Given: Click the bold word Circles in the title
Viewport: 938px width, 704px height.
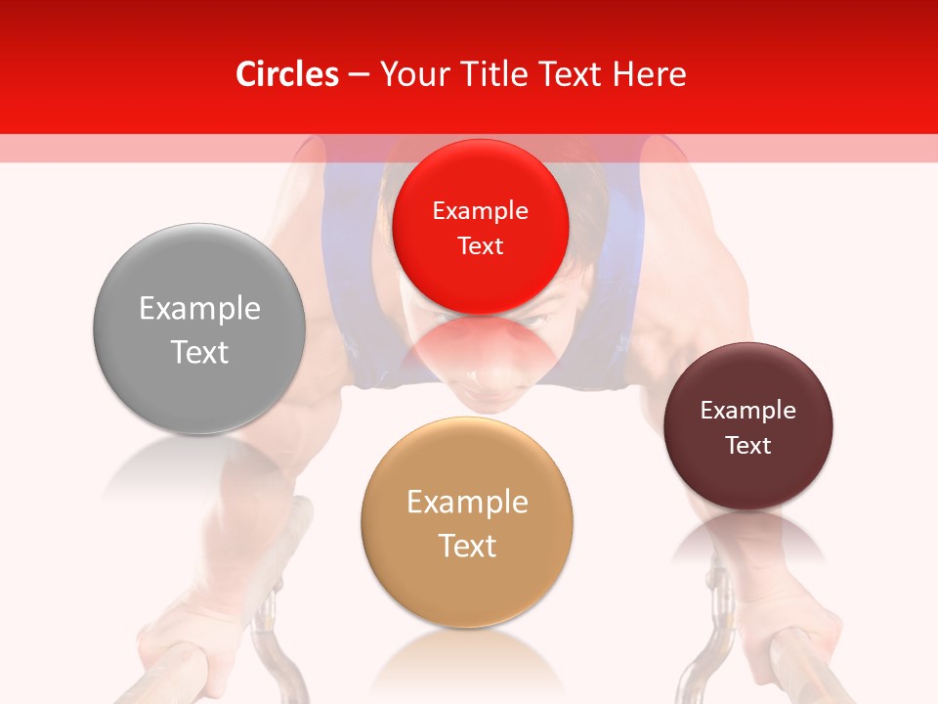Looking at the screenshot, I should point(286,74).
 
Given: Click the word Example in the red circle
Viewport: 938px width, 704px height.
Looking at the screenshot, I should point(480,211).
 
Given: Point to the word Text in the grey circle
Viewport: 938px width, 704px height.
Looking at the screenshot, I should point(199,352).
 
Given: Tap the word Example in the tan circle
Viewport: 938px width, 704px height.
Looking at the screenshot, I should point(467,503).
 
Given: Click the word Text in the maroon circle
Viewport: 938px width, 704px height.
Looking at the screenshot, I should point(748,446).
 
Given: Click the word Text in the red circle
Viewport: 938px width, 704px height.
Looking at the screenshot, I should point(480,246).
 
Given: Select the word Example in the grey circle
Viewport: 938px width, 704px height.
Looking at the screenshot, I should point(199,309).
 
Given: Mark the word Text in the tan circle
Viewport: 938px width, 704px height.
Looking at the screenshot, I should point(467,546).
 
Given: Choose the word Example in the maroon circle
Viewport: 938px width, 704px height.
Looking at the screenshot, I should point(748,411).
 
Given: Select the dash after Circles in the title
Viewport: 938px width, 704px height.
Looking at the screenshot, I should point(358,74).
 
